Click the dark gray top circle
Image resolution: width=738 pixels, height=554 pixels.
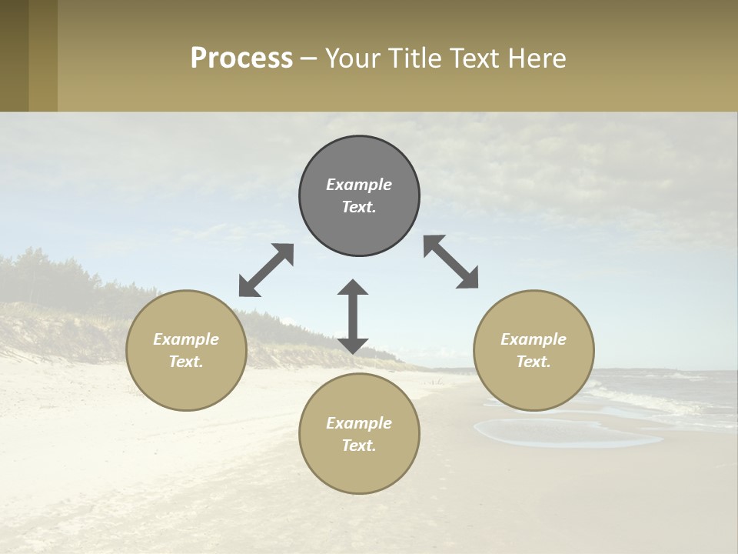point(359,196)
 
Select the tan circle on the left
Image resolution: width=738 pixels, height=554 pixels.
point(186,350)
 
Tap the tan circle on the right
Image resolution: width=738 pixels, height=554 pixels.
point(534,350)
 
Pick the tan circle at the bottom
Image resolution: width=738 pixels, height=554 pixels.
point(359,434)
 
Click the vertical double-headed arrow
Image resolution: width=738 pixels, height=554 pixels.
point(353,316)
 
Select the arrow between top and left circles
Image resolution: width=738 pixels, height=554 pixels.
point(266,270)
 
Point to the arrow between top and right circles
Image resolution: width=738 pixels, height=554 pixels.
point(451,262)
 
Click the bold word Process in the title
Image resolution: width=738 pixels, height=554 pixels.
point(241,58)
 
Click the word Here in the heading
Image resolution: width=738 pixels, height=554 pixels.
point(539,58)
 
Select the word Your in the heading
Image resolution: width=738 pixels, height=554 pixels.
point(354,58)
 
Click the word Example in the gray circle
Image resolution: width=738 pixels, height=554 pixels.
point(359,185)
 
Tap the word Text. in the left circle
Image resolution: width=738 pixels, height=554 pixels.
point(186,362)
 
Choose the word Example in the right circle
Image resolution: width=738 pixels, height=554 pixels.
point(534,339)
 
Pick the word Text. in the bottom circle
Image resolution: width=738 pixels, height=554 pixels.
point(359,446)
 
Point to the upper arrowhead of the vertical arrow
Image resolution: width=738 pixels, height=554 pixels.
point(353,288)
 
